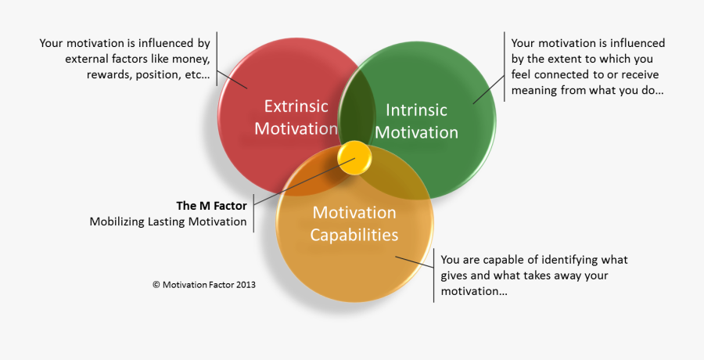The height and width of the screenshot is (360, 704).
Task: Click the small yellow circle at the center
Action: pos(355,158)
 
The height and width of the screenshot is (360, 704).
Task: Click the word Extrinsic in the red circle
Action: pos(296,106)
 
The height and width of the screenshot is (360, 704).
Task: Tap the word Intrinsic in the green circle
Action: pos(416,110)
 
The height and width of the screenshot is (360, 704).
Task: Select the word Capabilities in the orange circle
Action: pos(354,235)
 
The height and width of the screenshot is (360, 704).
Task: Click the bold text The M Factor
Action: pos(211,206)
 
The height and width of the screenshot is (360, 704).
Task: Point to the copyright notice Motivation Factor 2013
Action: pos(203,285)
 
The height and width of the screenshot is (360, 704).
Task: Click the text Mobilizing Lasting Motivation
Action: pos(168,221)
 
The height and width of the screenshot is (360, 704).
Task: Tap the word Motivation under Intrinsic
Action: pos(416,132)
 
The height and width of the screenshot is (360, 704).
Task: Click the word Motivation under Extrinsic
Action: pos(296,128)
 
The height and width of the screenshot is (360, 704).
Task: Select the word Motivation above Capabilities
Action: pos(354,213)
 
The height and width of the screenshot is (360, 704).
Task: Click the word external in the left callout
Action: pos(88,59)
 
